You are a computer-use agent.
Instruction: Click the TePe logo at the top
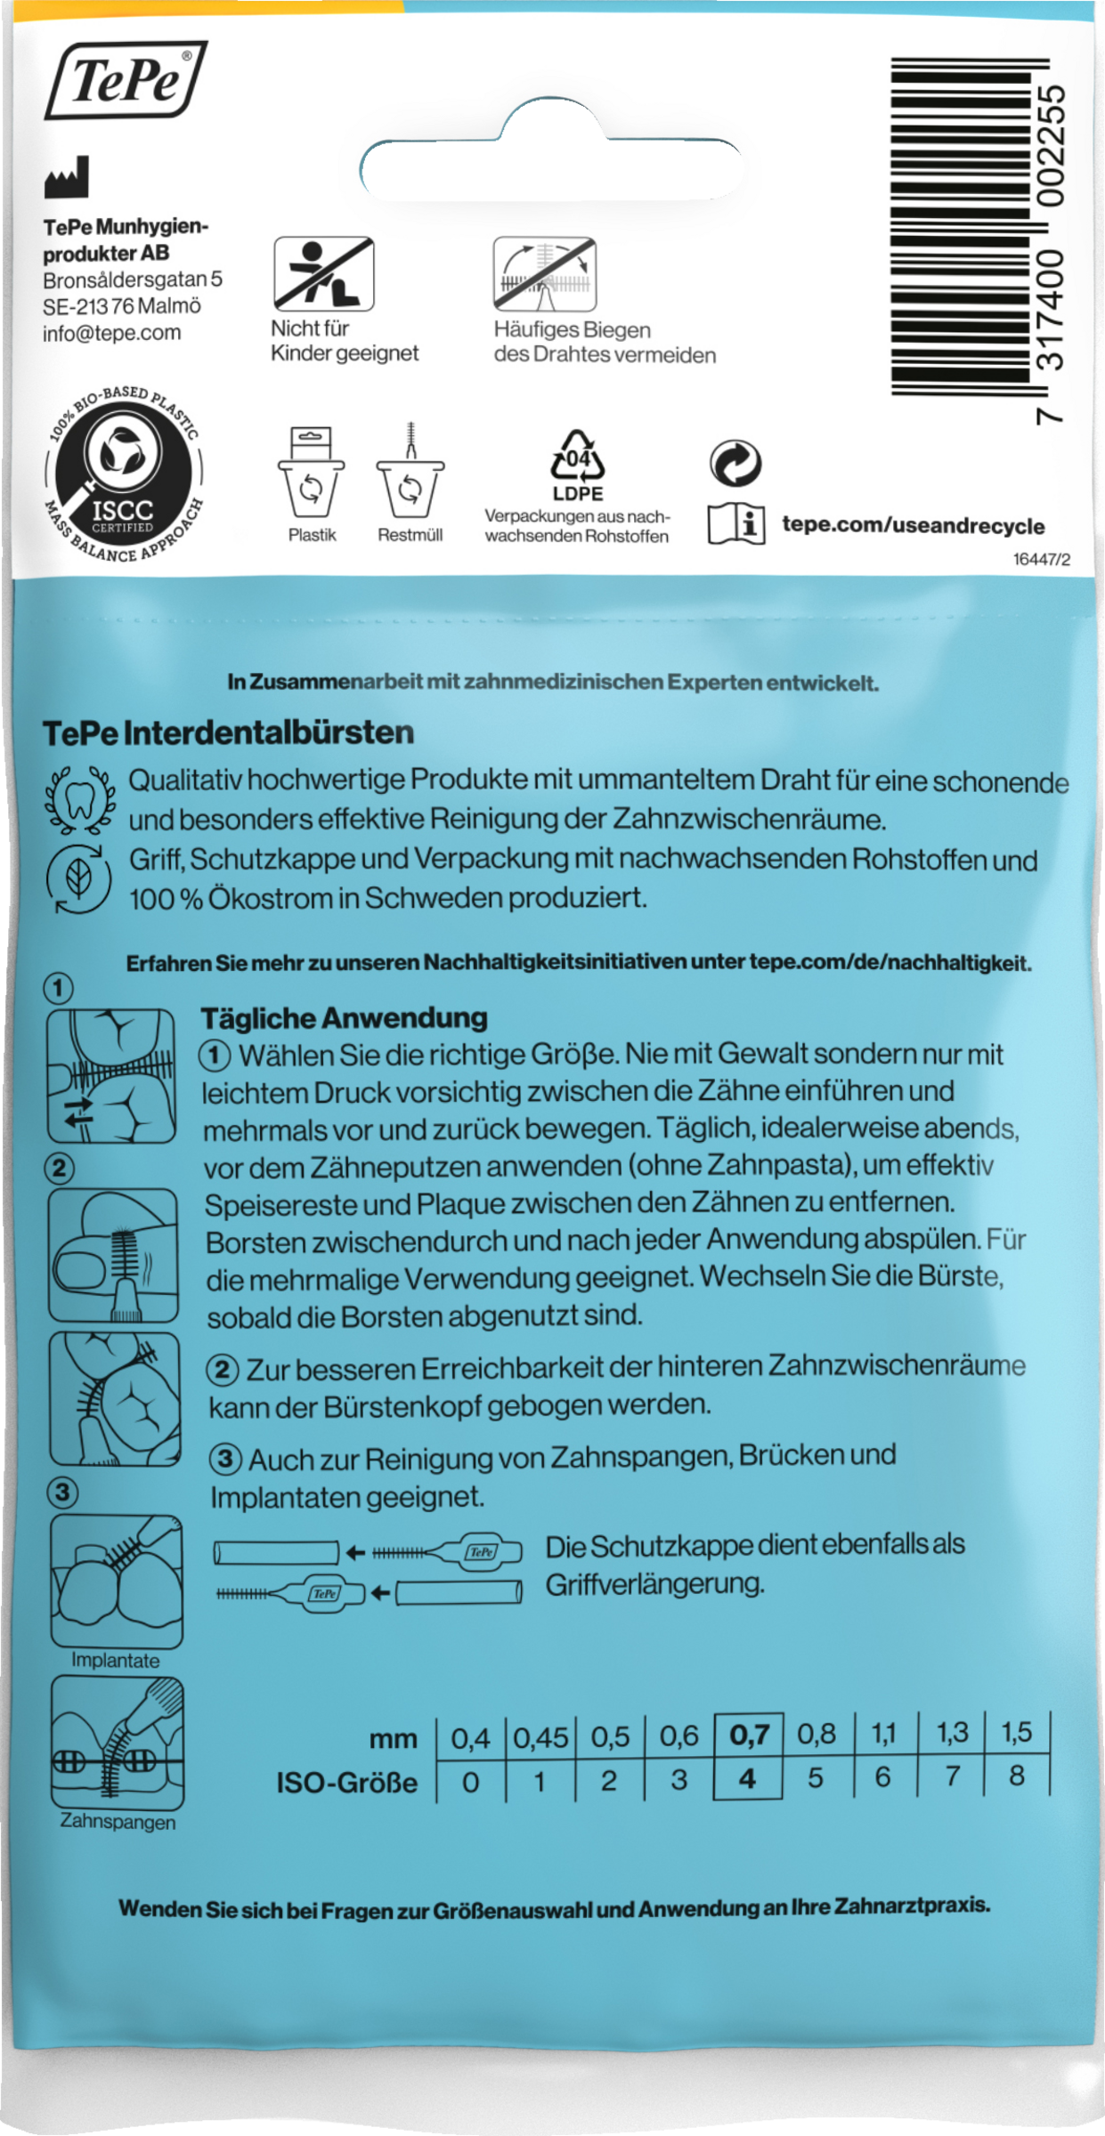pos(126,81)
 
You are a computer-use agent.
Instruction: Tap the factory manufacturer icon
pos(67,177)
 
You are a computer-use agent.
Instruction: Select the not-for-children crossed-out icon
pos(322,273)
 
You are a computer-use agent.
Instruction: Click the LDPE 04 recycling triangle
pos(578,461)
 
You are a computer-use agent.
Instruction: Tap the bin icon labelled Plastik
pos(312,477)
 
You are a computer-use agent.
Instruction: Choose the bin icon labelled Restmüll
pos(410,477)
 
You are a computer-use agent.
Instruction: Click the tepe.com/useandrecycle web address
pos(913,525)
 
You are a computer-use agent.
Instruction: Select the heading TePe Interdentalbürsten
pos(228,732)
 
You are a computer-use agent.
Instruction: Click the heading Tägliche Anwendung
pos(344,1017)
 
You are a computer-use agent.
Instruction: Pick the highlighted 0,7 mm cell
pos(748,1735)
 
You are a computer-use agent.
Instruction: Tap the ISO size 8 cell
pos(1017,1776)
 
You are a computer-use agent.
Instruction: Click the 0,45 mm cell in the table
pos(540,1736)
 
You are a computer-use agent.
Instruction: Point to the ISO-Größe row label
pos(346,1783)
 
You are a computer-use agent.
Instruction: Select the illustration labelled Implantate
pos(116,1580)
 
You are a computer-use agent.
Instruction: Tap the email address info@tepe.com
pos(111,333)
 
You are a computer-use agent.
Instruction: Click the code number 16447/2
pos(1041,560)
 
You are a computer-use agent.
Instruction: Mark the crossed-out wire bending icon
pos(545,274)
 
